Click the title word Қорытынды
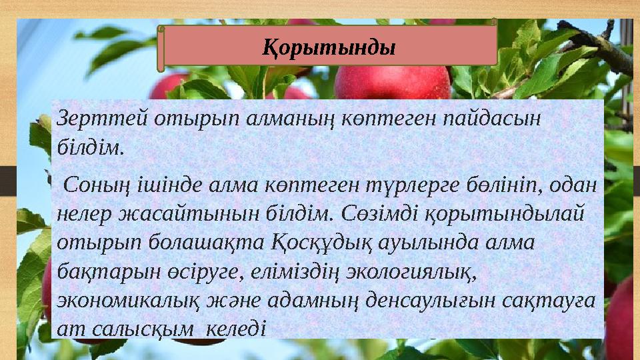coord(328,47)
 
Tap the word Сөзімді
coord(373,213)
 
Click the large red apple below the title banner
coord(393,83)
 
